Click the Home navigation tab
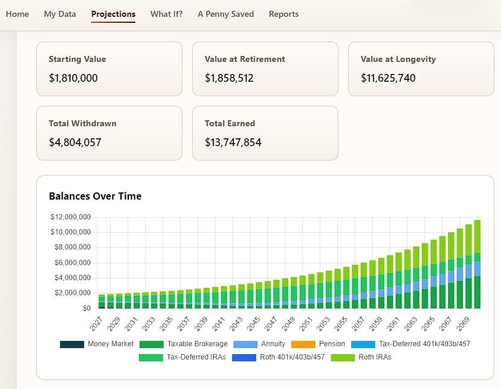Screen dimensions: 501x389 pos(17,14)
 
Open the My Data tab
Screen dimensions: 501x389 pos(60,14)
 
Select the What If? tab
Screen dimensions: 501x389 pos(166,14)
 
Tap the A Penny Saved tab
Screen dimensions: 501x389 pos(226,14)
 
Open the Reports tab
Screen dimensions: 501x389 pos(284,14)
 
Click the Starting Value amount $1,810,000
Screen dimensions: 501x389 pos(73,78)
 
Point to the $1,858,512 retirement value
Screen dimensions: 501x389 pos(229,78)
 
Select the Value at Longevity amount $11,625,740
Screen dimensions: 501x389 pos(388,78)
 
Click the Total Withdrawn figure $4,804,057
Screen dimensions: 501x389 pos(75,142)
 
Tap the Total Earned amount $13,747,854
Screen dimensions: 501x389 pos(233,142)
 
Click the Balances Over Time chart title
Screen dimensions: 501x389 pos(95,196)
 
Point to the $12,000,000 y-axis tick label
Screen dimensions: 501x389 pos(70,217)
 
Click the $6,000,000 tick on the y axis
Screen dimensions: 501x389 pos(72,263)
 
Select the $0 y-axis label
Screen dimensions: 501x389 pos(87,308)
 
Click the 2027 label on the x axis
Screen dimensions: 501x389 pos(96,323)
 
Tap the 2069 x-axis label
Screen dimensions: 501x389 pos(463,323)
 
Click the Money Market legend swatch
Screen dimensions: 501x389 pos(72,345)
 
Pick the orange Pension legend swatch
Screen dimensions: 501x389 pos(303,345)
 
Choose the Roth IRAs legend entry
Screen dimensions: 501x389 pos(361,357)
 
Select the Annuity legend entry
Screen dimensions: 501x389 pos(259,345)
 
